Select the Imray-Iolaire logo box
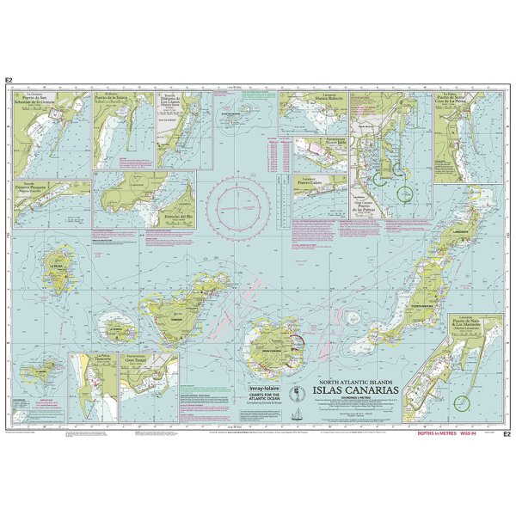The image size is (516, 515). (265, 352)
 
